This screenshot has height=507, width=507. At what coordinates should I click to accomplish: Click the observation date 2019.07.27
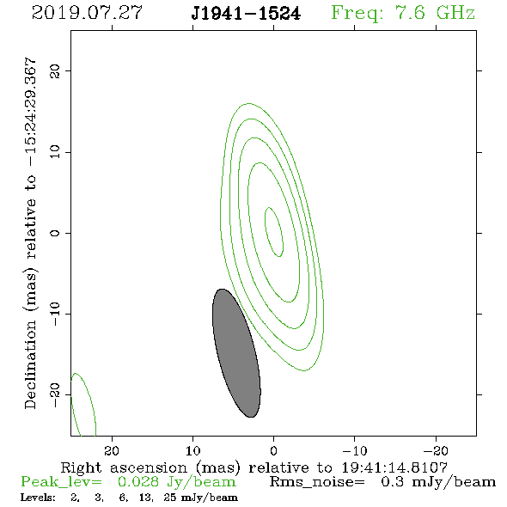click(x=88, y=13)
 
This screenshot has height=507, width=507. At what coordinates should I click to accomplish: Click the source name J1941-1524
click(x=246, y=14)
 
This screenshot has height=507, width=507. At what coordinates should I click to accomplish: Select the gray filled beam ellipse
click(x=236, y=353)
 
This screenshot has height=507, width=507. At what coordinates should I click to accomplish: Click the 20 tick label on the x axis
click(x=112, y=451)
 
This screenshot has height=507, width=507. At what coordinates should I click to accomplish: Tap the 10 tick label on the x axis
click(x=192, y=451)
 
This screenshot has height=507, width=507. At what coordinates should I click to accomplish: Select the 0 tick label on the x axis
click(x=273, y=451)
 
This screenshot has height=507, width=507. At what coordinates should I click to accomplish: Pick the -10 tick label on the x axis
click(x=354, y=451)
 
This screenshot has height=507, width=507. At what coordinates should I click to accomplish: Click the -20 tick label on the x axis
click(x=435, y=451)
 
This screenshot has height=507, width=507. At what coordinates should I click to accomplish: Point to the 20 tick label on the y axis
click(x=55, y=70)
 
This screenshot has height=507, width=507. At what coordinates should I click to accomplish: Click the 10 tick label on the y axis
click(x=55, y=152)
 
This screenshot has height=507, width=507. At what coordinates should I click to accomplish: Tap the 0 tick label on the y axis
click(x=55, y=233)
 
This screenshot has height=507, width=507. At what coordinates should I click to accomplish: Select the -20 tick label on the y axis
click(x=55, y=394)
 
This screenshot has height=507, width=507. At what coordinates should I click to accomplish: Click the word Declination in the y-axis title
click(x=30, y=365)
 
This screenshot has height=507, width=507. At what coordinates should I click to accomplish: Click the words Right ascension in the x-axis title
click(x=124, y=467)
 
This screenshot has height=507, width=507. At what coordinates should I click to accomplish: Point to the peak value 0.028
click(x=138, y=482)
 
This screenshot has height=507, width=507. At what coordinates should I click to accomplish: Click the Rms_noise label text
click(x=317, y=482)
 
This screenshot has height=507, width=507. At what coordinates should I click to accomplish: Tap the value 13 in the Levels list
click(x=145, y=498)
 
